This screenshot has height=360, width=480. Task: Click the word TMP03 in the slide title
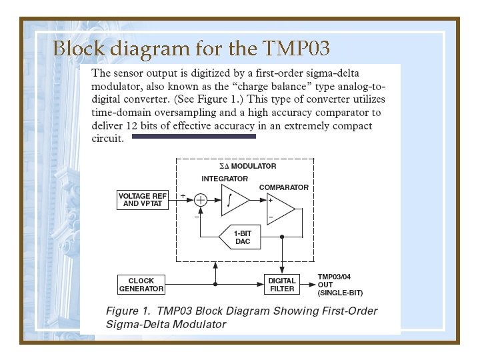point(297,49)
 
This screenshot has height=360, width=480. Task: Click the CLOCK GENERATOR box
point(141,285)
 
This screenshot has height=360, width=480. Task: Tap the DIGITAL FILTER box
point(282,285)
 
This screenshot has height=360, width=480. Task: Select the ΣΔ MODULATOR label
point(248,166)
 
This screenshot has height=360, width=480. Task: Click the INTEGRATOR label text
point(225,179)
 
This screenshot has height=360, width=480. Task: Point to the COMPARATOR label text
point(284,187)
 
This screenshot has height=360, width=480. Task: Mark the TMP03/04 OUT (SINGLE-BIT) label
point(341,285)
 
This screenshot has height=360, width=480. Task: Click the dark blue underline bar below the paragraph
point(194,136)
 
